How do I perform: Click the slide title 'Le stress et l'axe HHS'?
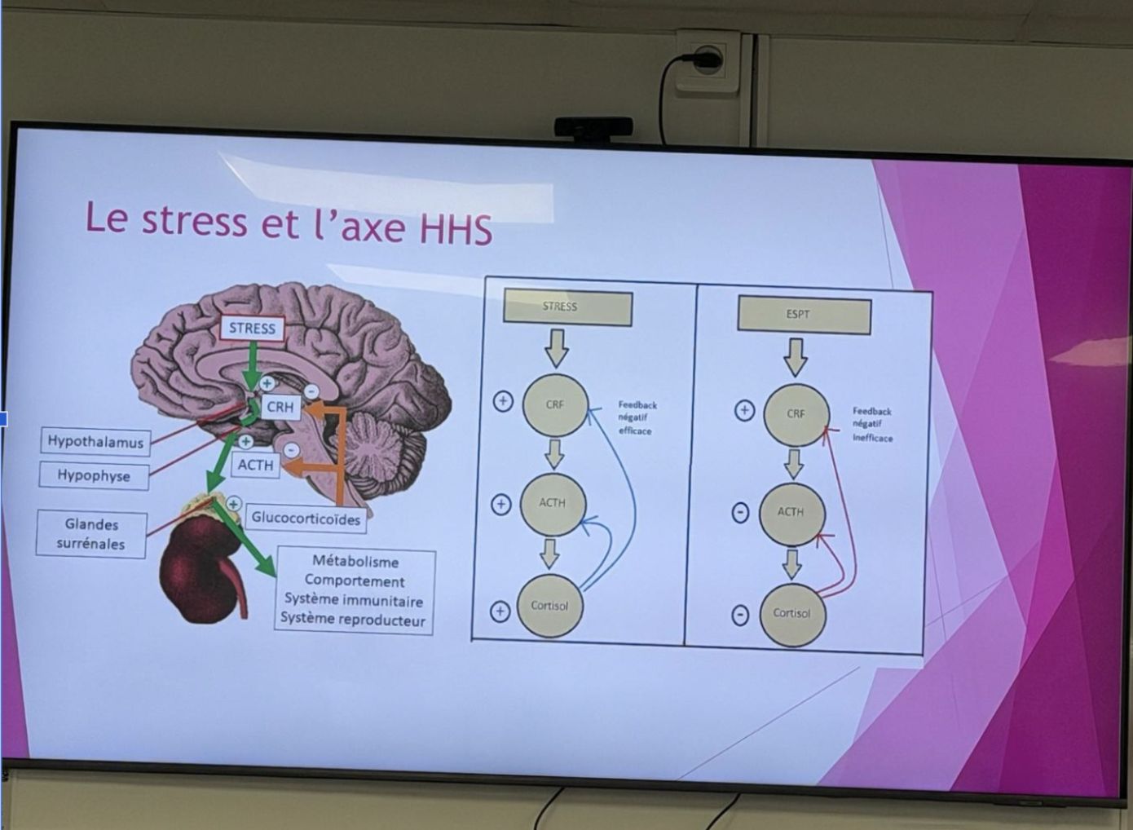[x=289, y=223]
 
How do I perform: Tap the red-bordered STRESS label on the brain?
[x=252, y=329]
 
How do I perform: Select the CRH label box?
[x=280, y=407]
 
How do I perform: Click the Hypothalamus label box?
[x=95, y=442]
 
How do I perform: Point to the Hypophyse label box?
[x=94, y=475]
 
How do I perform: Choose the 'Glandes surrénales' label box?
[x=91, y=534]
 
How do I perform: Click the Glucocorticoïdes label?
[x=306, y=519]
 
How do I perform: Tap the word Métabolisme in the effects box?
[x=355, y=562]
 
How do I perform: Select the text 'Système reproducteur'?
[x=353, y=620]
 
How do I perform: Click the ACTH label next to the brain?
[x=255, y=465]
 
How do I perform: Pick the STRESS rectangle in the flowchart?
[x=567, y=307]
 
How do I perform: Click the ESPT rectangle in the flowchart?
[x=805, y=315]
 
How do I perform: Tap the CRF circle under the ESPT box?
[x=796, y=414]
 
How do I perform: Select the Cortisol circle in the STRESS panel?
[x=550, y=606]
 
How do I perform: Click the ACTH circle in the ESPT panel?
[x=791, y=514]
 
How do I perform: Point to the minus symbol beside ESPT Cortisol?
[x=740, y=616]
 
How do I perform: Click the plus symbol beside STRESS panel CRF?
[x=503, y=402]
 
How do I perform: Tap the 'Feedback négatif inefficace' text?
[x=872, y=425]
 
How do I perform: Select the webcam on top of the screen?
[x=593, y=127]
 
